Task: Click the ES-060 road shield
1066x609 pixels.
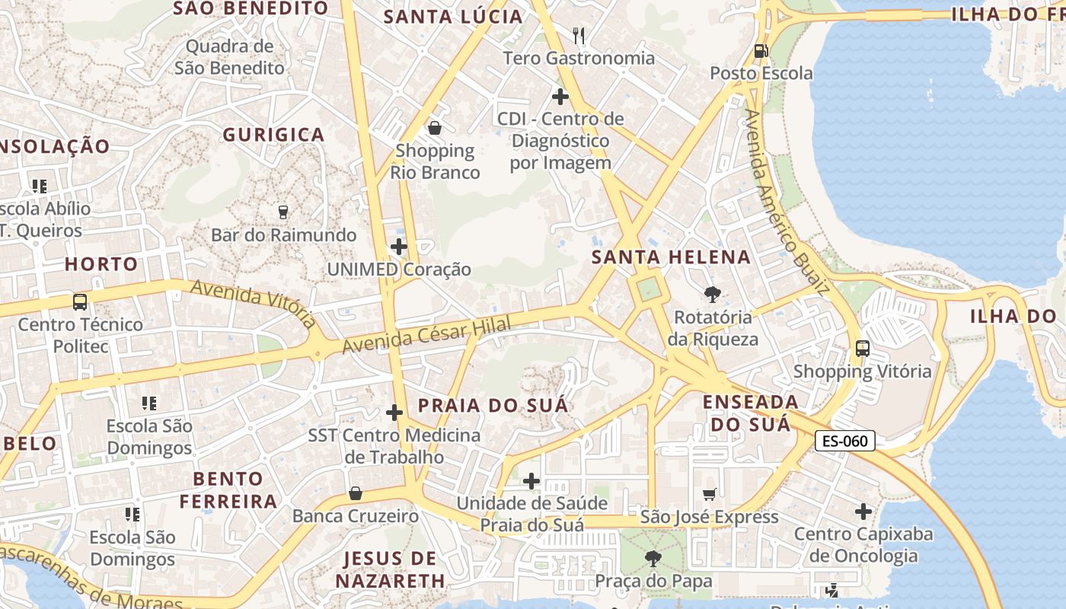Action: point(845,441)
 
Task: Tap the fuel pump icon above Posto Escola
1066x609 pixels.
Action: point(761,51)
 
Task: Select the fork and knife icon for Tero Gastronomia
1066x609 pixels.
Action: point(579,35)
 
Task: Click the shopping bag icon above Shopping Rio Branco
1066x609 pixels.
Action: point(435,128)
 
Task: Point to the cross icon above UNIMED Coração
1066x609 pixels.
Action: point(398,247)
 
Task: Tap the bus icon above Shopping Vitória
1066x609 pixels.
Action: point(862,349)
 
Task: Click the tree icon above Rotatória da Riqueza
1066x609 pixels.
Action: point(713,294)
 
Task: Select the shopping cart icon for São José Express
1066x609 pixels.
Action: point(710,495)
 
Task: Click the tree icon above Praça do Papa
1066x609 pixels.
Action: point(653,559)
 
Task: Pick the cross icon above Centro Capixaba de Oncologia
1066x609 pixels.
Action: point(863,512)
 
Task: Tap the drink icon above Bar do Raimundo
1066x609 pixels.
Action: point(283,212)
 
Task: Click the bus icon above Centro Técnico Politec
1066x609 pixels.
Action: point(80,301)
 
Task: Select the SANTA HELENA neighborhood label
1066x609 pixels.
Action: point(671,257)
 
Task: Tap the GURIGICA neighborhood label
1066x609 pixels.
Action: point(273,135)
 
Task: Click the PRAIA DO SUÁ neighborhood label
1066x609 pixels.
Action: point(493,405)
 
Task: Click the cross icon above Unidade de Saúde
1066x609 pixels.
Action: point(531,481)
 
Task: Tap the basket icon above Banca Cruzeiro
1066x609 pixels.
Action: point(356,493)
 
